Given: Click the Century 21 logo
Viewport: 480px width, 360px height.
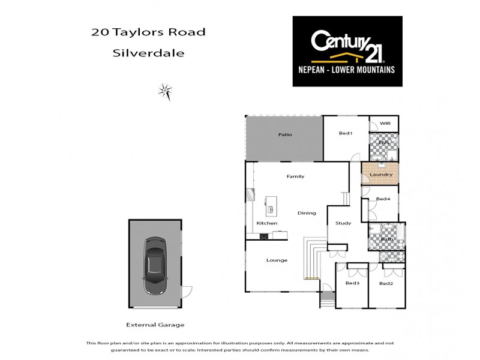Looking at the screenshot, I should (x=347, y=51).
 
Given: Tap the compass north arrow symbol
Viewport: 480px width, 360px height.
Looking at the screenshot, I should (x=165, y=91).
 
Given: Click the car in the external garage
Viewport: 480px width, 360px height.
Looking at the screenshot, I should (x=155, y=265).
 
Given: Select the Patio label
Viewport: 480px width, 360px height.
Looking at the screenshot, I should (x=285, y=134).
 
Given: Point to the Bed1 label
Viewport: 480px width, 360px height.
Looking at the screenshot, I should (x=345, y=133).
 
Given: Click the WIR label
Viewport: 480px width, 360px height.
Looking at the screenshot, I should (x=384, y=124).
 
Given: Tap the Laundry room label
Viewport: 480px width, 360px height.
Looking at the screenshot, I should (x=381, y=175).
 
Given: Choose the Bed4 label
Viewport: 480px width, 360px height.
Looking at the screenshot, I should (x=383, y=199).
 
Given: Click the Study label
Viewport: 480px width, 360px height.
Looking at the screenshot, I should (x=343, y=223).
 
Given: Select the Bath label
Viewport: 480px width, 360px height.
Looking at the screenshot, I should (x=387, y=239).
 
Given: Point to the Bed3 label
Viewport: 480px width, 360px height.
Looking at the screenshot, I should (x=352, y=283).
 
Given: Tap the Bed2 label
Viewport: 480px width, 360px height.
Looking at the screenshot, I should (x=386, y=283).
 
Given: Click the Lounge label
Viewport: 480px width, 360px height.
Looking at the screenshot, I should (x=277, y=260).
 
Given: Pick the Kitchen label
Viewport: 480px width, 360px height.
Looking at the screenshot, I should (x=267, y=223).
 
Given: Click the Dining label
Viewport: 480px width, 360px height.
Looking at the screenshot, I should (x=307, y=213).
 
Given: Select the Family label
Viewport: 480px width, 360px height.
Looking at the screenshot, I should (x=295, y=176).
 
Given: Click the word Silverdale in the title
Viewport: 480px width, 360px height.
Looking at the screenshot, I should (x=148, y=53).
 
